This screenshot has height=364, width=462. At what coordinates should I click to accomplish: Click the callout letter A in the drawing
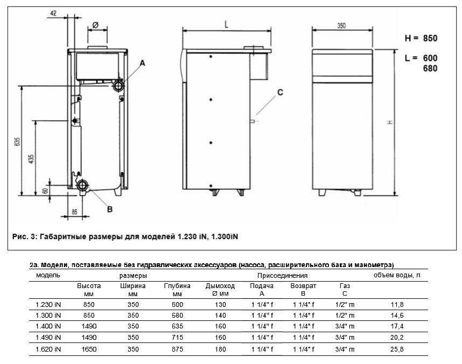point(143,64)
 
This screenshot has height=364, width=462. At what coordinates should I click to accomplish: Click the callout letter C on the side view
point(279,92)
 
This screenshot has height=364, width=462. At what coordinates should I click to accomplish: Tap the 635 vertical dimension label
point(17,142)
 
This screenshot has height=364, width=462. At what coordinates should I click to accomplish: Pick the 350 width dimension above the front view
point(341,25)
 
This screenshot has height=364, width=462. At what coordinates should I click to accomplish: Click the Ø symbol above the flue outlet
point(95,25)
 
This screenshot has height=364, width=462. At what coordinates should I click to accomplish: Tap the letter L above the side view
point(227,24)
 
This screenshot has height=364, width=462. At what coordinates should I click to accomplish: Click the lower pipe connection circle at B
point(83,186)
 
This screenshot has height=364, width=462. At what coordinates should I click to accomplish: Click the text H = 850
point(421,39)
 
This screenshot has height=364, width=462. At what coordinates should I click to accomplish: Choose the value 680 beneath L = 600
point(429,69)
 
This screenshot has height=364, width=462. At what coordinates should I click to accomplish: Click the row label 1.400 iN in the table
point(48,326)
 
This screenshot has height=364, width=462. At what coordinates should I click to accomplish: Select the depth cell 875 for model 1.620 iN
point(177,349)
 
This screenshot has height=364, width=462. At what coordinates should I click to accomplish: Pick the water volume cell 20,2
point(396,338)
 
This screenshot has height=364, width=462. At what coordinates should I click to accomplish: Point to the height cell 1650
point(89,349)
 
